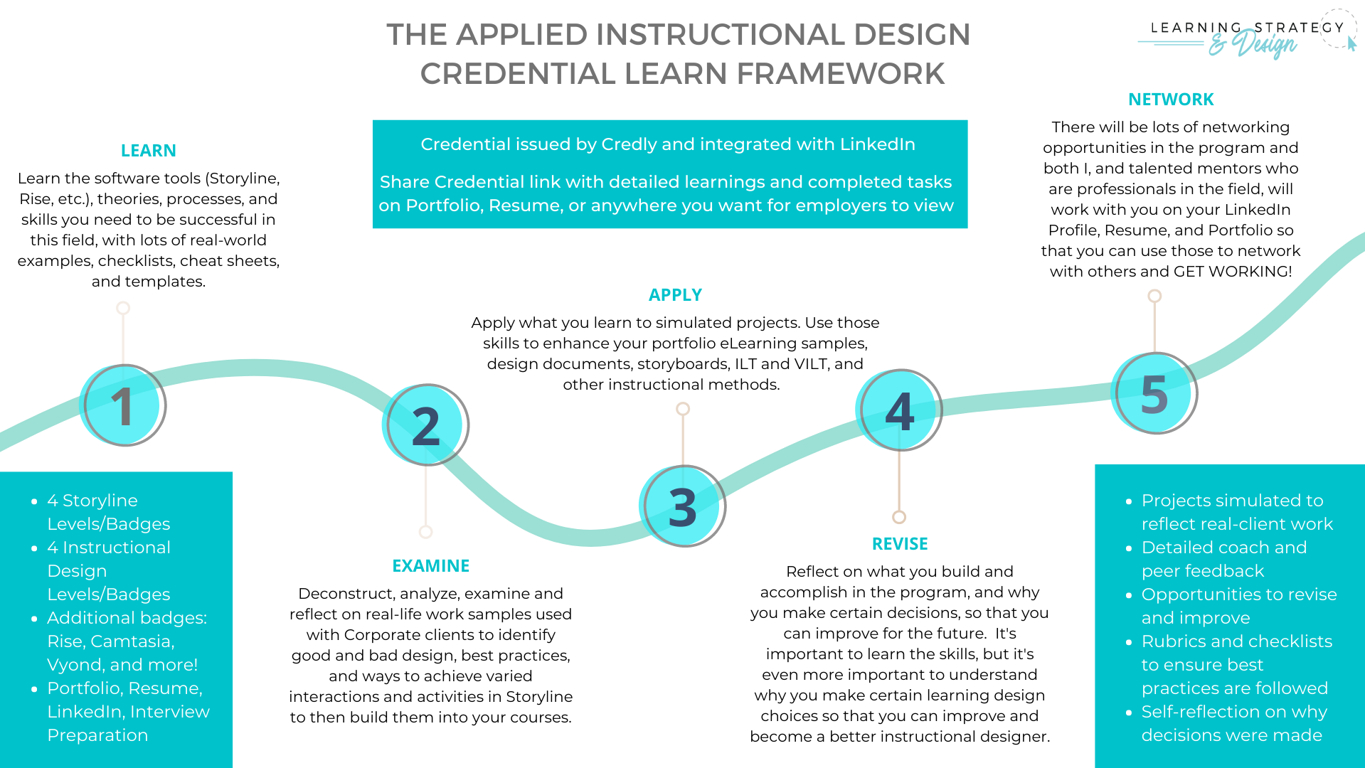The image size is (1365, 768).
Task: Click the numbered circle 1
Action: (124, 405)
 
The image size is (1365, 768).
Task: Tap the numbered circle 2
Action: (425, 425)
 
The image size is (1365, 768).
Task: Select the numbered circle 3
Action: (683, 506)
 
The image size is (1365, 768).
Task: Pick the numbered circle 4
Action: (900, 410)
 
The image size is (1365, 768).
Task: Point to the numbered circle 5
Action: (1155, 393)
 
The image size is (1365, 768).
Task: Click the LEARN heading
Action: (148, 151)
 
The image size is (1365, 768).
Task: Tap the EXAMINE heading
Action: (430, 566)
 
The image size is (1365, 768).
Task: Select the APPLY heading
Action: (675, 295)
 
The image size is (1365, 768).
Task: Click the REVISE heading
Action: (900, 544)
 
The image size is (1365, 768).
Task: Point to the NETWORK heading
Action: (1171, 100)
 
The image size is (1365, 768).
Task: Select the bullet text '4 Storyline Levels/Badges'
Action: (108, 512)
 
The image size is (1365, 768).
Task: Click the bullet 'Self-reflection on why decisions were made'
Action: (1233, 723)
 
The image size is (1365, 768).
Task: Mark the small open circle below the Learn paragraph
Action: (123, 308)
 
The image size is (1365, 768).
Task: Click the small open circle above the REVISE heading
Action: (899, 517)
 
